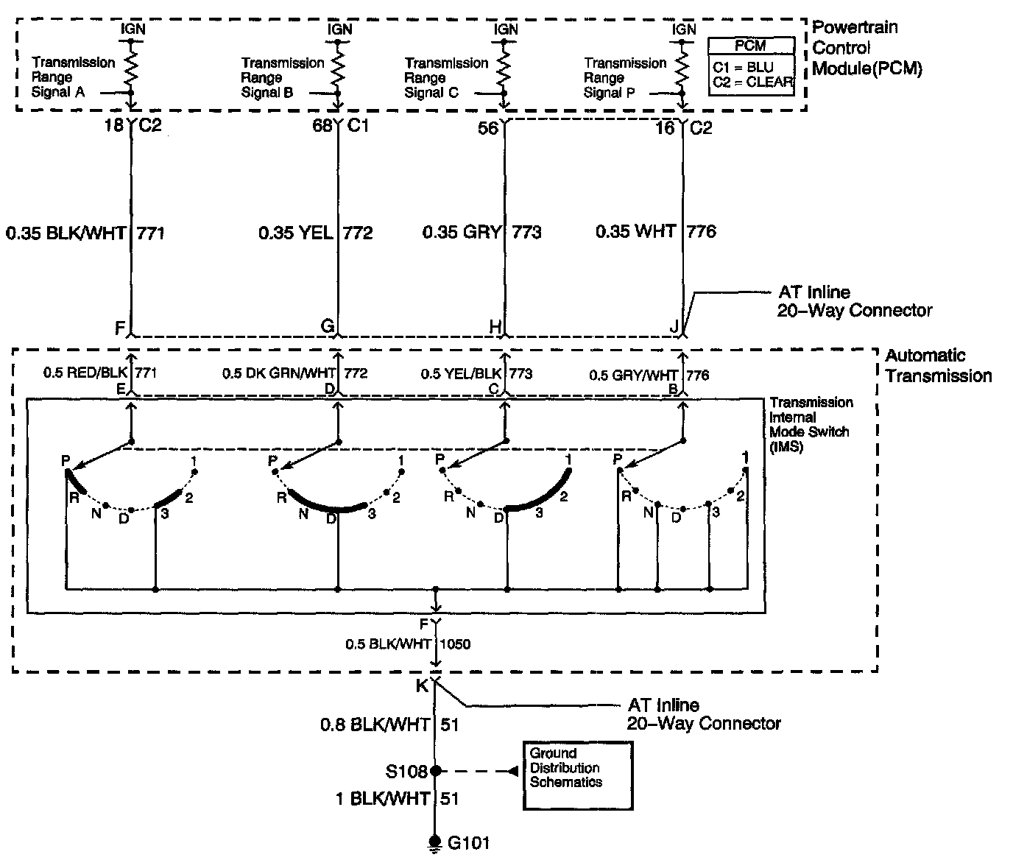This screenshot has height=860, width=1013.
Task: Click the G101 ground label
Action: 468,842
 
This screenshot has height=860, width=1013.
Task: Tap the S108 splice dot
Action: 435,771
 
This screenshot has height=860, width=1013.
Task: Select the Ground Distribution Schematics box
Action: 577,775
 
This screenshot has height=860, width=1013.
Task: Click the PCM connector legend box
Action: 751,66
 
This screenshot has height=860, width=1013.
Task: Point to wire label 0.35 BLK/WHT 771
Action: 85,233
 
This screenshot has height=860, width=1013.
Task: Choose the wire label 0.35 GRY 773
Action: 481,232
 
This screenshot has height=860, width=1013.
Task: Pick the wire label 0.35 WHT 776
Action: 655,231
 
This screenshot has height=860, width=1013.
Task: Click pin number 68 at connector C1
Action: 322,127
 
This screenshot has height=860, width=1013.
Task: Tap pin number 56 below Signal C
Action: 488,128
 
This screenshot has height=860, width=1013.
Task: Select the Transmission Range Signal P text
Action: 624,78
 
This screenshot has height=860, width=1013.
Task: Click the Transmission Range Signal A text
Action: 73,77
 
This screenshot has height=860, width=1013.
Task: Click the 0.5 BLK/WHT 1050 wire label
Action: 407,644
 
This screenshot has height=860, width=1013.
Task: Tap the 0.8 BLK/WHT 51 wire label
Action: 389,725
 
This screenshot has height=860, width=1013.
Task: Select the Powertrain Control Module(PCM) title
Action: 866,49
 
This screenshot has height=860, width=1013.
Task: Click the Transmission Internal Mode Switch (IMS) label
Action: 811,424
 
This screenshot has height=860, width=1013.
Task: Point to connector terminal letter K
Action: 422,686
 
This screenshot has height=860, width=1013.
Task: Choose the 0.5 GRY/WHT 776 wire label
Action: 649,376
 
